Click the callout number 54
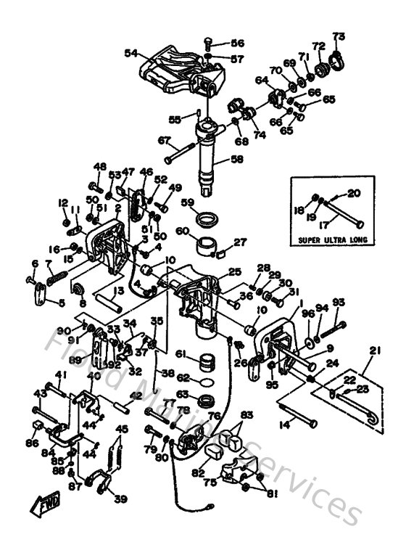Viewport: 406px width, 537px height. point(130,53)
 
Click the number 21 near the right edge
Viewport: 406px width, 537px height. point(374,351)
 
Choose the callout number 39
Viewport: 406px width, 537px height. point(120,499)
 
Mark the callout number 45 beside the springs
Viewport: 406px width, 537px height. point(122,428)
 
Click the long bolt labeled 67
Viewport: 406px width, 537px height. point(181,153)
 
